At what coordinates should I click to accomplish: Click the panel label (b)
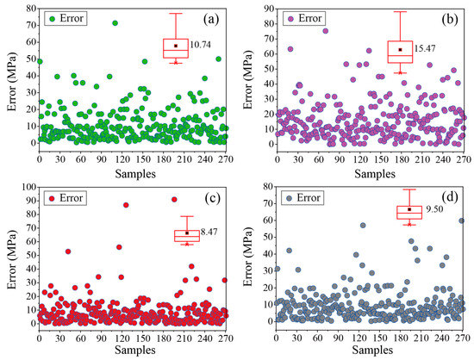click(448, 18)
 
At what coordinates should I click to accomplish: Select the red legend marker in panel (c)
click(53, 197)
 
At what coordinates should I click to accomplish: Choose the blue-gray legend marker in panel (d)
click(288, 197)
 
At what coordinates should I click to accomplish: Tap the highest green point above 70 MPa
click(115, 23)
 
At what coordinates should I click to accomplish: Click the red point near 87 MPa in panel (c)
click(126, 205)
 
